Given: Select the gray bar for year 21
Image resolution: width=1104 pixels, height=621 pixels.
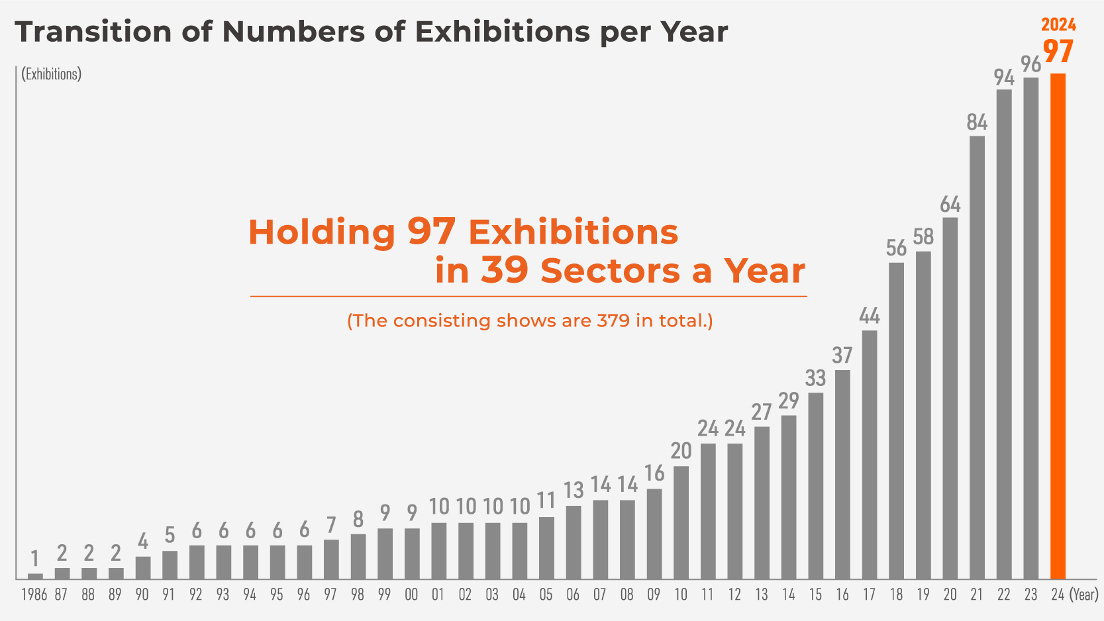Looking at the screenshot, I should click(x=977, y=358).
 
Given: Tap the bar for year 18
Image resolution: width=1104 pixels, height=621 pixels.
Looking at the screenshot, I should click(x=896, y=421).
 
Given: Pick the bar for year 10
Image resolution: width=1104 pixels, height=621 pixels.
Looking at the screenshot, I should click(x=681, y=523).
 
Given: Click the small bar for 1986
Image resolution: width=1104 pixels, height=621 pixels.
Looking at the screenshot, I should click(x=35, y=576).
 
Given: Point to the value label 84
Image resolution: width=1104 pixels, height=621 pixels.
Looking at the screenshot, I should click(x=977, y=122).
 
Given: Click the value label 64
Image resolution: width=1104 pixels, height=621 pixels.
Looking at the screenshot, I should click(x=950, y=204).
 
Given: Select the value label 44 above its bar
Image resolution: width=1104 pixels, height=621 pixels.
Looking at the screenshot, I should click(x=870, y=316).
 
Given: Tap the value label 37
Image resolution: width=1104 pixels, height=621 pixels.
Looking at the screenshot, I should click(x=842, y=356).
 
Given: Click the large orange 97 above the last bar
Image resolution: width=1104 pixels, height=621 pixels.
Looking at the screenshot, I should click(x=1058, y=52).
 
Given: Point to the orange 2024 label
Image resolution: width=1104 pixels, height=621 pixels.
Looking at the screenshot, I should click(x=1058, y=25).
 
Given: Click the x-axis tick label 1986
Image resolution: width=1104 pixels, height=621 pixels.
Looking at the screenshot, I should click(x=34, y=595).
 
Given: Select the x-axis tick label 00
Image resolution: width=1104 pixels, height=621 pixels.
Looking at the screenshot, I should click(x=411, y=595).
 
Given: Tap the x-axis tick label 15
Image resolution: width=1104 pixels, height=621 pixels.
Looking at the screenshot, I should click(x=815, y=595).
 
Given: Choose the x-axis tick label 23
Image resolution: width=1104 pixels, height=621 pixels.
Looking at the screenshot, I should click(x=1030, y=595).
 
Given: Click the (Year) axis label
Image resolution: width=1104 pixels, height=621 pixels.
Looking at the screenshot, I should click(x=1084, y=595).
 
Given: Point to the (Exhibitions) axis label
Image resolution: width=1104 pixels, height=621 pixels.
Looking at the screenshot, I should click(x=52, y=73).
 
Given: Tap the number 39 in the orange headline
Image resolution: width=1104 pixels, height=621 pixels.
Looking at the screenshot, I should click(x=505, y=270).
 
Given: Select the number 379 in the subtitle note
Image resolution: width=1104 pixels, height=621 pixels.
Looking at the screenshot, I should click(x=613, y=321).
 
